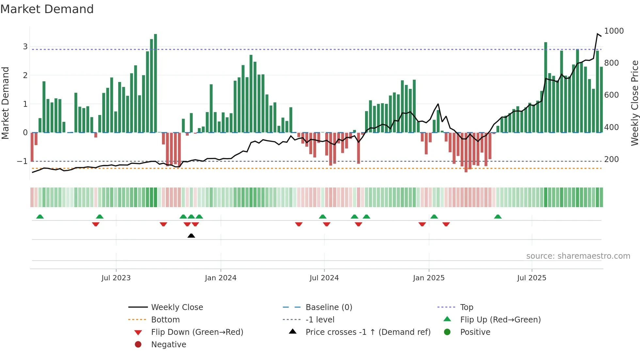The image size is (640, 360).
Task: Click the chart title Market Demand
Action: pyautogui.click(x=47, y=9)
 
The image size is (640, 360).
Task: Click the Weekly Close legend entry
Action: pyautogui.click(x=177, y=307)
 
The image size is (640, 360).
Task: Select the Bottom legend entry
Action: pyautogui.click(x=165, y=320)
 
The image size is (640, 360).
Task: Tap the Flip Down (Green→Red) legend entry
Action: pyautogui.click(x=197, y=332)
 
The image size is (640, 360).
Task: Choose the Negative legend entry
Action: pyautogui.click(x=168, y=345)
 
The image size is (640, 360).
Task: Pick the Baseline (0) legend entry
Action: pyautogui.click(x=328, y=307)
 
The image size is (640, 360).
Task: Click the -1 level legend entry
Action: pyautogui.click(x=320, y=320)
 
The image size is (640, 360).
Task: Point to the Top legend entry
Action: pyautogui.click(x=466, y=307)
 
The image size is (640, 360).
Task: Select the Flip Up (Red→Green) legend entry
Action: pyautogui.click(x=500, y=320)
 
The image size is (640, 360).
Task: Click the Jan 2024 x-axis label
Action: pyautogui.click(x=220, y=278)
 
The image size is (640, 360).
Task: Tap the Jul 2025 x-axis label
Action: pyautogui.click(x=531, y=278)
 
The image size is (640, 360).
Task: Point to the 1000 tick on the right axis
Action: pyautogui.click(x=614, y=31)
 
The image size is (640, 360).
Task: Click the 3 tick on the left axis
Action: pyautogui.click(x=25, y=47)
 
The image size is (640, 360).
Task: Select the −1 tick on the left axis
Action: pyautogui.click(x=23, y=161)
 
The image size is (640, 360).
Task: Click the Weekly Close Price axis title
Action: pyautogui.click(x=634, y=103)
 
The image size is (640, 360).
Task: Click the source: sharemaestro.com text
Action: pyautogui.click(x=578, y=256)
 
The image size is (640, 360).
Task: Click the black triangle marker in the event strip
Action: pyautogui.click(x=191, y=236)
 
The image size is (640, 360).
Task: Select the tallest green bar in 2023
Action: pyautogui.click(x=155, y=83)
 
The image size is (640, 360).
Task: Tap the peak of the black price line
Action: pyautogui.click(x=598, y=34)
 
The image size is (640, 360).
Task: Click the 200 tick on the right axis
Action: pyautogui.click(x=611, y=159)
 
